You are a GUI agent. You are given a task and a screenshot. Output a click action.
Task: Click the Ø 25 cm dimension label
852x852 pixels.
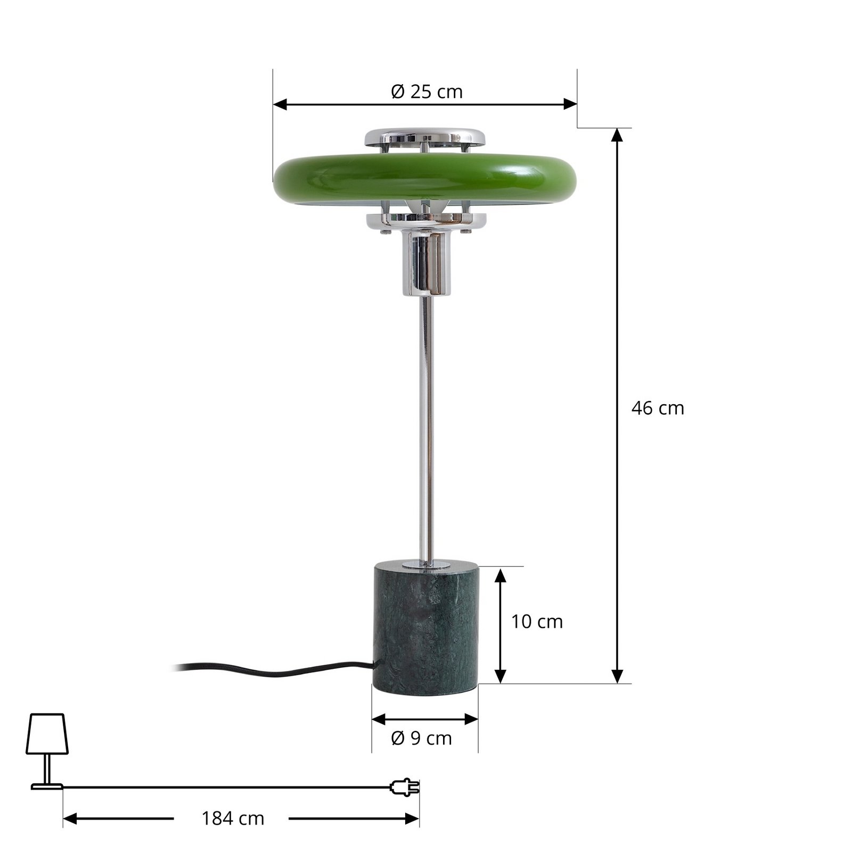click(427, 92)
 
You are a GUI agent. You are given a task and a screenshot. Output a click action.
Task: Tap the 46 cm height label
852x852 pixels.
click(657, 408)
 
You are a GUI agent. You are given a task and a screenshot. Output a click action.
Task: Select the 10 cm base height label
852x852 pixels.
click(537, 621)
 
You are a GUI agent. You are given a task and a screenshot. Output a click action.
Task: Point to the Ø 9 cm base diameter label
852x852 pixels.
click(421, 739)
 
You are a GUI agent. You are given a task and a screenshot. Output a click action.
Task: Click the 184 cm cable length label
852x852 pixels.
click(233, 818)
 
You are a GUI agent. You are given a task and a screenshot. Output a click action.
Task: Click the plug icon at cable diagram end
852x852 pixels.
click(405, 787)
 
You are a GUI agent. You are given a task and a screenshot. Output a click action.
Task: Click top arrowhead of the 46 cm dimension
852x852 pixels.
click(617, 134)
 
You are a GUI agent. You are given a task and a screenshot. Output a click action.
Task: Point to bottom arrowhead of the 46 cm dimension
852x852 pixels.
click(617, 677)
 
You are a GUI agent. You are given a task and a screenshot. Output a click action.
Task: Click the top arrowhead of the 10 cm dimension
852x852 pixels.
click(500, 574)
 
